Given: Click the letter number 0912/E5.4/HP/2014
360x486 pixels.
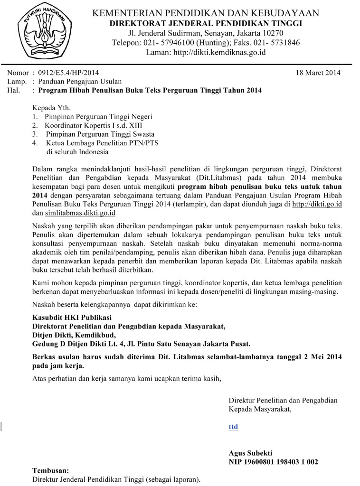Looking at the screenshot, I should tap(68, 73).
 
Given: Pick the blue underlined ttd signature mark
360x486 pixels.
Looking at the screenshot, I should tap(233, 427).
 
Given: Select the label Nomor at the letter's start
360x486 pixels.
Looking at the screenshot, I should tap(17, 73).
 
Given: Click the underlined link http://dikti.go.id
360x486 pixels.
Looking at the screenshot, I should tap(317, 204).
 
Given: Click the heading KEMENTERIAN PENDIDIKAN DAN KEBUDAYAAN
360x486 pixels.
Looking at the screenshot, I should tap(207, 13).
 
